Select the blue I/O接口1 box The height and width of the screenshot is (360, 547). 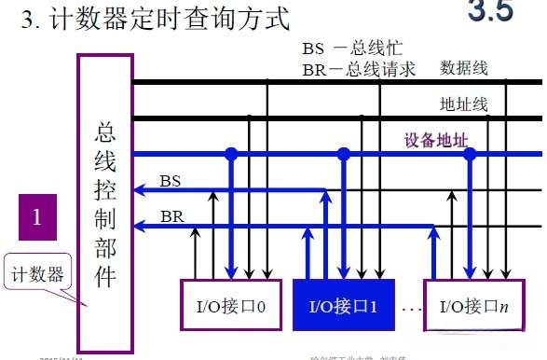(x=342, y=304)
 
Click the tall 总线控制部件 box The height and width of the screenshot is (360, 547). (x=105, y=187)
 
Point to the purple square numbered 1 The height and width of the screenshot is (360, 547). (x=36, y=217)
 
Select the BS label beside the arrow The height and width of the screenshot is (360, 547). (x=171, y=179)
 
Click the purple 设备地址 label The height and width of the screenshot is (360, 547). (x=435, y=141)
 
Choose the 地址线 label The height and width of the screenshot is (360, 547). (x=462, y=104)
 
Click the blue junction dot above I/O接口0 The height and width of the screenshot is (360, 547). (x=231, y=154)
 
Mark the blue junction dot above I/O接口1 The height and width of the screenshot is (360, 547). (x=344, y=154)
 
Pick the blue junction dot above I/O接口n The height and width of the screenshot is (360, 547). (x=471, y=154)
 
